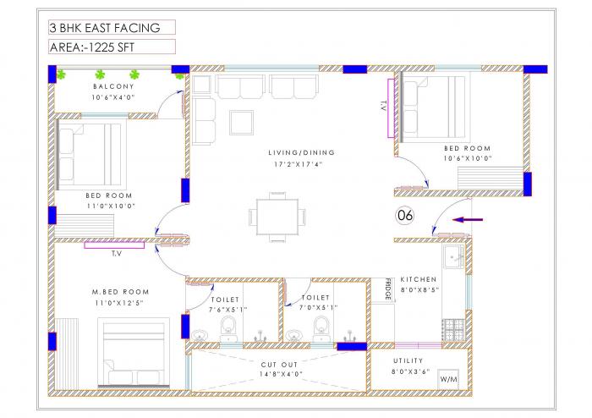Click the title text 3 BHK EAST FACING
(104, 28)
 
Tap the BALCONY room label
(114, 86)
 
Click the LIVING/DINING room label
(302, 152)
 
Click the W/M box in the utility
(448, 380)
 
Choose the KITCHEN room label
(419, 279)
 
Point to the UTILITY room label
(408, 360)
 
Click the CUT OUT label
(280, 363)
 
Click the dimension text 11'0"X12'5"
(120, 302)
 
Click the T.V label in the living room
(383, 107)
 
